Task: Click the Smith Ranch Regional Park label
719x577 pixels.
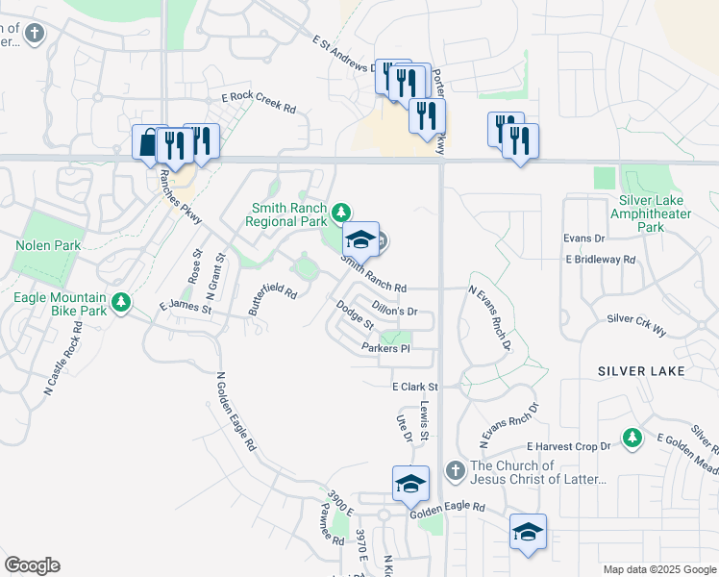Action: pos(287,213)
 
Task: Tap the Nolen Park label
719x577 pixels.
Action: pos(48,245)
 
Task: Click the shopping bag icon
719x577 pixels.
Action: pos(147,143)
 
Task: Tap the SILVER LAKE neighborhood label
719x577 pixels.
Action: pos(641,370)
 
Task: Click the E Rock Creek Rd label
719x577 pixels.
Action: pos(259,102)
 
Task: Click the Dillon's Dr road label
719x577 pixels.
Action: pos(394,311)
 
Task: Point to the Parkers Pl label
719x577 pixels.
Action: pos(386,348)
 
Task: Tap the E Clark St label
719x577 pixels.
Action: pos(415,387)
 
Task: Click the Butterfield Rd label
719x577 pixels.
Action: pos(272,299)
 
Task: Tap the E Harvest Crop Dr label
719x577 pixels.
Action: pos(569,447)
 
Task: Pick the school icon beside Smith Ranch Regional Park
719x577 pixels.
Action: pos(360,238)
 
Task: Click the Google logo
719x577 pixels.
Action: pos(32,565)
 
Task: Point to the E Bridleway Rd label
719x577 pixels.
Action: pos(601,260)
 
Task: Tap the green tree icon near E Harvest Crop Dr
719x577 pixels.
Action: pos(632,439)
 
